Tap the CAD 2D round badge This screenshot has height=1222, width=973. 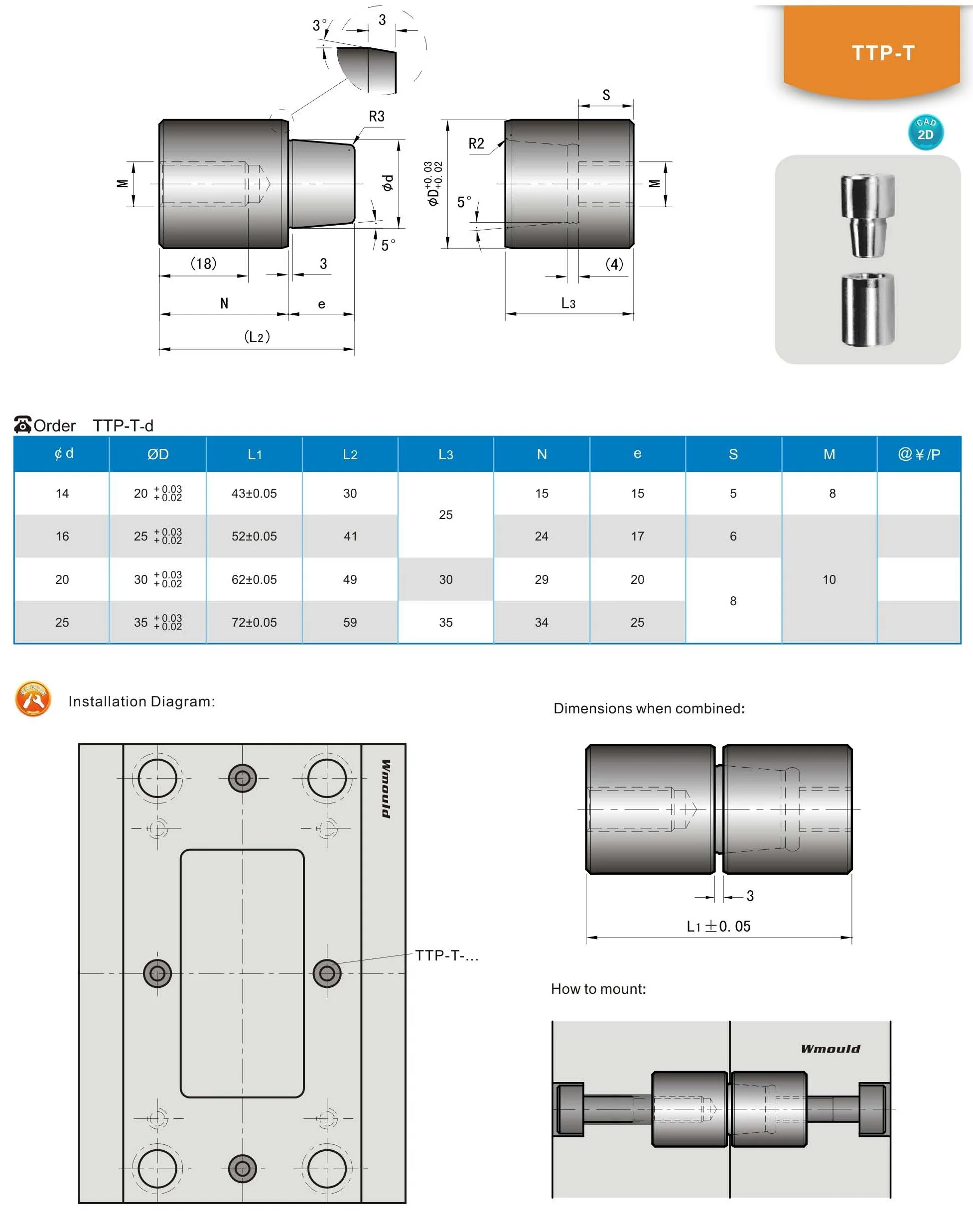coord(925,132)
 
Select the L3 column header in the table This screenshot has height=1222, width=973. coord(445,454)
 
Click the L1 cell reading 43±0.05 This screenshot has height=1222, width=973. coord(254,493)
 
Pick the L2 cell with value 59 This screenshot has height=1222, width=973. coord(350,622)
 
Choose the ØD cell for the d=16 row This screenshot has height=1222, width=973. coord(157,536)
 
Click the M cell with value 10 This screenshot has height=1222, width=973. coord(829,579)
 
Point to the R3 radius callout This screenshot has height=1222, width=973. coord(376,117)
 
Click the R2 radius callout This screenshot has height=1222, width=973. coord(476,144)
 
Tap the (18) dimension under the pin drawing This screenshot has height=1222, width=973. coord(203,264)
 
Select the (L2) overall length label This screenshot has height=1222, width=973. coord(257,337)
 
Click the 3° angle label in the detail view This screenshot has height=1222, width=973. coord(319,25)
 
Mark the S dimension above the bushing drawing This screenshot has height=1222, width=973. coord(606,95)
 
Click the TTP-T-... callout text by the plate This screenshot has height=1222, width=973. coord(446,955)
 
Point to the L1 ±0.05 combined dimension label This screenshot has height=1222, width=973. coord(718,926)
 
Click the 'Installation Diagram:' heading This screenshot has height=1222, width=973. coord(141,702)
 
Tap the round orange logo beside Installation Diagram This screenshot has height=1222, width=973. coord(33,699)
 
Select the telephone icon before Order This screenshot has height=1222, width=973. coord(22,424)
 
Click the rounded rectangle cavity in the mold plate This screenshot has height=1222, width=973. coord(242,973)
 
